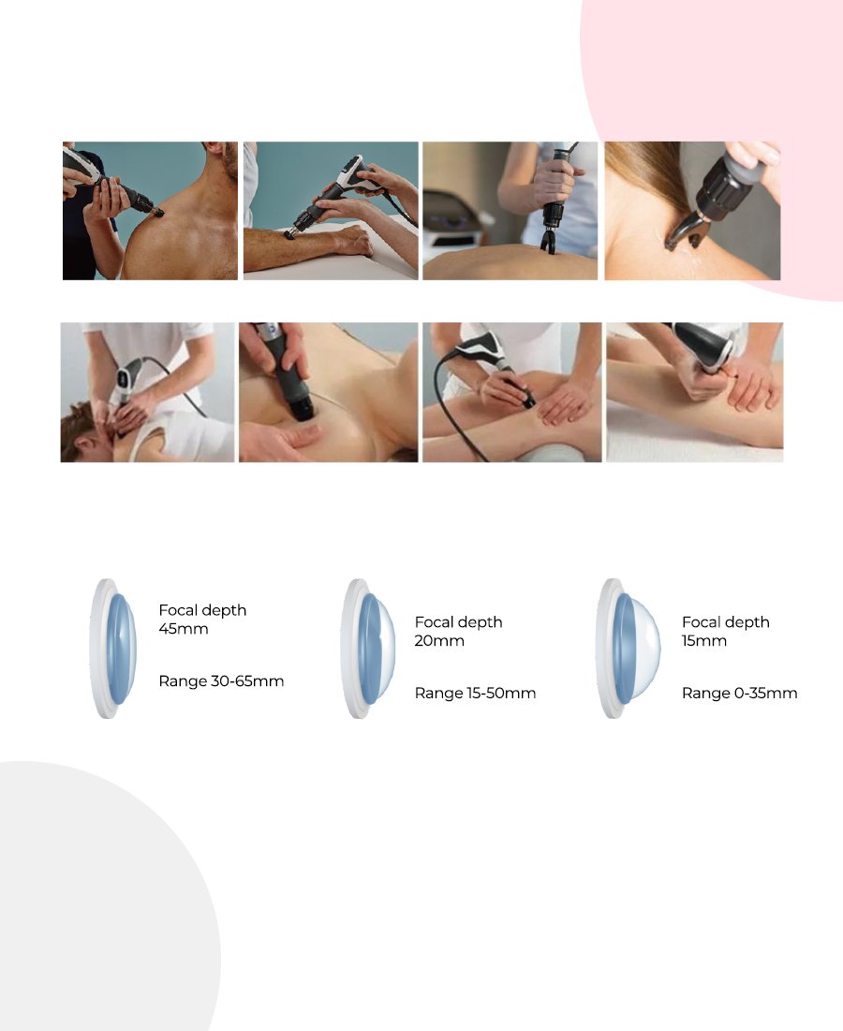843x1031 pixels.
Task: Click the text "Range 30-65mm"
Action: click(x=221, y=681)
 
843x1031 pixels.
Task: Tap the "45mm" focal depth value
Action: click(x=184, y=629)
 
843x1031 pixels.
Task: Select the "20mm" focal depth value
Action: click(x=439, y=640)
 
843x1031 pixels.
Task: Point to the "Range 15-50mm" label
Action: click(x=475, y=693)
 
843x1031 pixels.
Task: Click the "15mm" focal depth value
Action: click(x=703, y=640)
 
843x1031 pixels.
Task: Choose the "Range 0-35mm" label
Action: click(x=739, y=693)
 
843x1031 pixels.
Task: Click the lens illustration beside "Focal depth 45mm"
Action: click(x=113, y=649)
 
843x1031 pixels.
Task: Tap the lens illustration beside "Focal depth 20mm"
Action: click(x=368, y=649)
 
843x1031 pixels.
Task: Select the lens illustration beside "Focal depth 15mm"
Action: click(x=629, y=649)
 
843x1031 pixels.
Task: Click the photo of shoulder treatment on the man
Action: click(x=150, y=210)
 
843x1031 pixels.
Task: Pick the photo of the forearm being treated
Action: click(x=331, y=210)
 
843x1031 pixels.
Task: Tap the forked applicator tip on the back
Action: click(x=547, y=240)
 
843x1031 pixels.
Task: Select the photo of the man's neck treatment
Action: click(x=147, y=392)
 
